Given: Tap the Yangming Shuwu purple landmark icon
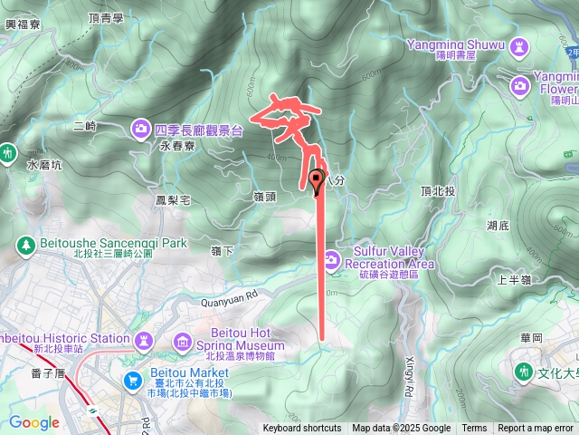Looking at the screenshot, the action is click(519, 44).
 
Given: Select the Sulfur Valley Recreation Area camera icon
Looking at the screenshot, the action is click(331, 261).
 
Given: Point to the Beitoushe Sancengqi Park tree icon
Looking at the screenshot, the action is click(26, 244).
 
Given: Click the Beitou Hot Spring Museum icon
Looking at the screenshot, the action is click(184, 341).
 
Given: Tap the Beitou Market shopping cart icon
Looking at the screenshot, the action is click(134, 379).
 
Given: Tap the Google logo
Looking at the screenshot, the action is click(33, 422).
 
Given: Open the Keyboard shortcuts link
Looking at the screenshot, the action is click(302, 429).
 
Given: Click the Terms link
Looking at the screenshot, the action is click(474, 429).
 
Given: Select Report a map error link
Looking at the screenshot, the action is click(536, 429).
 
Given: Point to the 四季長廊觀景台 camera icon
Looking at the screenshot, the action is click(141, 130).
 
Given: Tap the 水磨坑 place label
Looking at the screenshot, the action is click(44, 166).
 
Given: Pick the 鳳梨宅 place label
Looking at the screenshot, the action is click(172, 199).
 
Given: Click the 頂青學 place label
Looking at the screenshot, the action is click(106, 17).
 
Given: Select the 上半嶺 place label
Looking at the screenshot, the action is click(513, 281).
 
